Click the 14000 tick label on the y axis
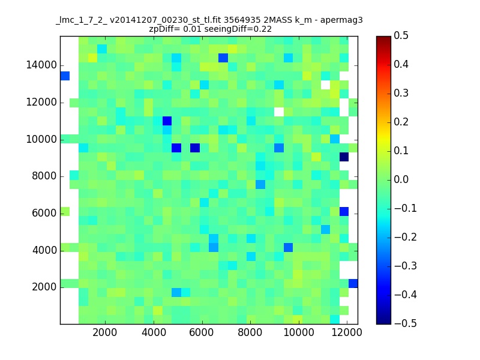click(x=41, y=65)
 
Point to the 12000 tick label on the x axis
click(x=347, y=332)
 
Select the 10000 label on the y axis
click(x=41, y=139)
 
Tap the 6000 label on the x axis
click(x=202, y=332)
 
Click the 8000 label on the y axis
click(x=44, y=176)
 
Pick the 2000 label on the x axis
click(x=104, y=332)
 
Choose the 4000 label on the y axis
click(x=44, y=250)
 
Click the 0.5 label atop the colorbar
click(x=401, y=35)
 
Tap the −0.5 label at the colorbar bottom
click(x=406, y=323)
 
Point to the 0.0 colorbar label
click(x=401, y=179)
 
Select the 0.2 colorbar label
click(x=401, y=122)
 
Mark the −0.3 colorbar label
click(x=406, y=266)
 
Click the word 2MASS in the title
click(x=277, y=20)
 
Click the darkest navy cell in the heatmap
click(x=344, y=157)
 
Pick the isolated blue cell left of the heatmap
click(x=65, y=76)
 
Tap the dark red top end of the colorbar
click(x=383, y=38)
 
